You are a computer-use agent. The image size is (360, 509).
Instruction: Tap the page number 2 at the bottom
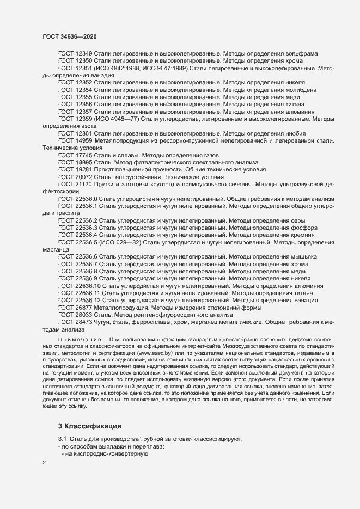(44, 463)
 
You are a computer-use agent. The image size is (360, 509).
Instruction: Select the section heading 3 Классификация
(90, 425)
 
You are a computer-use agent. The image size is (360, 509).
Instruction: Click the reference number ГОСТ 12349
(75, 53)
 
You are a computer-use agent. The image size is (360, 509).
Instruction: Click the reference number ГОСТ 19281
(75, 170)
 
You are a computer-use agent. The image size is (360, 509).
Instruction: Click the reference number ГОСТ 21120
(75, 185)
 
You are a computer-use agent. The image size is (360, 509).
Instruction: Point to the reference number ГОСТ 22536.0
(77, 199)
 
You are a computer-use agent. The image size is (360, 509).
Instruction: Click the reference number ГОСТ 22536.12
(80, 300)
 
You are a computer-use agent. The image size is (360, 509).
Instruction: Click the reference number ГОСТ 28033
(75, 315)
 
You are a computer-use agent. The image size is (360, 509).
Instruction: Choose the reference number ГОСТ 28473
(75, 322)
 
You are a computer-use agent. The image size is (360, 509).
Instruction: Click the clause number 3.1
(63, 439)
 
